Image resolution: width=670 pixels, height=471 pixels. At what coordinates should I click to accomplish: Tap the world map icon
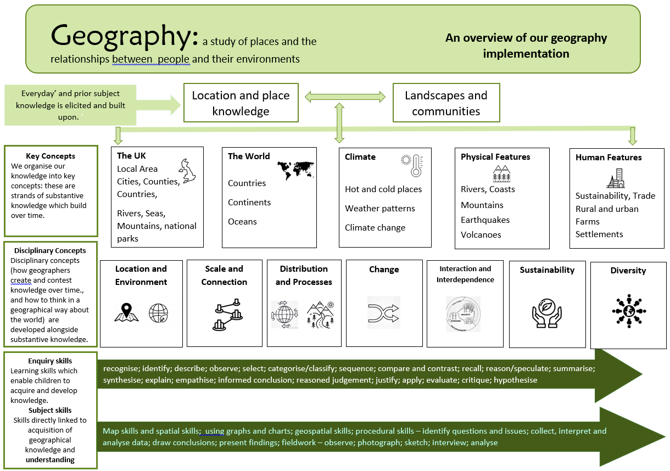pyautogui.click(x=295, y=170)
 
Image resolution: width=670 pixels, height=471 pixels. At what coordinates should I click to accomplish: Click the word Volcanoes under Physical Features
pyautogui.click(x=481, y=235)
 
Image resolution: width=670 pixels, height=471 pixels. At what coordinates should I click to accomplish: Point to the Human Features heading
pyautogui.click(x=608, y=158)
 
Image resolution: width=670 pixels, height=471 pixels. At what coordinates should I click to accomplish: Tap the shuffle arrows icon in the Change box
pyautogui.click(x=383, y=312)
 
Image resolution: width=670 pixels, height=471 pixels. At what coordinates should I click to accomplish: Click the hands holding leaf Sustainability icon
pyautogui.click(x=546, y=312)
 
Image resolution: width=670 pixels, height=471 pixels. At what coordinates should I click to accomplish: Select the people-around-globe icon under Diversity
pyautogui.click(x=628, y=310)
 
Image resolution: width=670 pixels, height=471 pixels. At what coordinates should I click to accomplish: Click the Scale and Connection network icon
pyautogui.click(x=227, y=314)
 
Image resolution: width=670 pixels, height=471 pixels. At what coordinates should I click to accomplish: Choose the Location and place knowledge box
pyautogui.click(x=241, y=103)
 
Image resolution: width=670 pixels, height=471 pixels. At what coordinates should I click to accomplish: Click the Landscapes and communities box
pyautogui.click(x=446, y=103)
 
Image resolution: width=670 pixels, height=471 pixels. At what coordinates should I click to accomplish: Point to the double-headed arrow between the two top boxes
pyautogui.click(x=345, y=97)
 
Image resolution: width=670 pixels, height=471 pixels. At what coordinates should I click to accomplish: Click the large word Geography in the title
pyautogui.click(x=124, y=36)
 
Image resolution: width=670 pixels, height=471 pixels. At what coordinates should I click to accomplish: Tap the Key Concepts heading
pyautogui.click(x=51, y=156)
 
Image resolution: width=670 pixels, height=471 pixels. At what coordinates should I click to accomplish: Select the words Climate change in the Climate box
pyautogui.click(x=375, y=228)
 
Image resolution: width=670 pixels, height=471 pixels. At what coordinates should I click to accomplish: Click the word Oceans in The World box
pyautogui.click(x=242, y=222)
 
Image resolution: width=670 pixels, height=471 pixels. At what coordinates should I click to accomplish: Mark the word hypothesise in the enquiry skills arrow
pyautogui.click(x=515, y=380)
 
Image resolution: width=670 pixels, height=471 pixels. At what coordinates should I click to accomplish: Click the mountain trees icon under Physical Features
pyautogui.click(x=502, y=174)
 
